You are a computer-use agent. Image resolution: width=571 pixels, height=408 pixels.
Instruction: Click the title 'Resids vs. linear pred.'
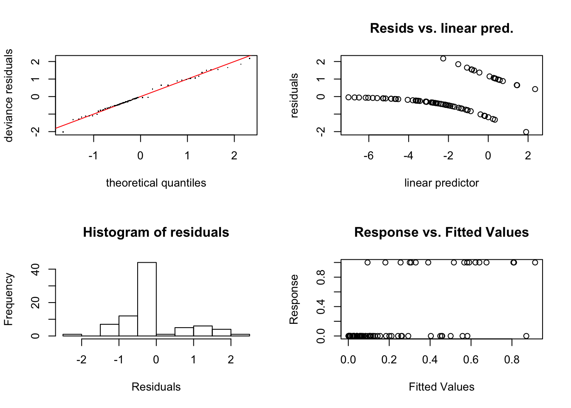(441, 28)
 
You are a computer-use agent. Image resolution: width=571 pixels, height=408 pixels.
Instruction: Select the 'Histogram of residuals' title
(156, 232)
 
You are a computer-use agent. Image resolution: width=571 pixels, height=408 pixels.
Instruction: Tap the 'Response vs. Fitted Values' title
(441, 232)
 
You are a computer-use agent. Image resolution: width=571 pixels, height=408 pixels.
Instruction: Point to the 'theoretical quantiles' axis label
(156, 183)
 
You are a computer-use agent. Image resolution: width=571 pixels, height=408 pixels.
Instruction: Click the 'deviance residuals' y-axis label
(9, 95)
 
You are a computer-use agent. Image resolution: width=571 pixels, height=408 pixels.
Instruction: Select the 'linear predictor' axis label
(441, 183)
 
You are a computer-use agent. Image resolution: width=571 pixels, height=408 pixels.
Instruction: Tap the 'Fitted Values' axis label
(441, 387)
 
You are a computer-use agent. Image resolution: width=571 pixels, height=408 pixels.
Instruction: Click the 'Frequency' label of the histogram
(9, 299)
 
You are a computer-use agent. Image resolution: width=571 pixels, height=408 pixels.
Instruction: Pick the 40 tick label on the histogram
(36, 269)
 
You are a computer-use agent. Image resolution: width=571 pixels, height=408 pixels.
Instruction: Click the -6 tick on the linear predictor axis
(368, 156)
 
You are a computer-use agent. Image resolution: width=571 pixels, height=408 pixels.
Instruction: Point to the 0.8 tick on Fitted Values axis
(512, 360)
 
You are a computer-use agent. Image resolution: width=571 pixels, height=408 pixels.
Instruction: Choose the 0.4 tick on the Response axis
(321, 306)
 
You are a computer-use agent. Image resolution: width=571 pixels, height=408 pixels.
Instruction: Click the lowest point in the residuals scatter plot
(526, 132)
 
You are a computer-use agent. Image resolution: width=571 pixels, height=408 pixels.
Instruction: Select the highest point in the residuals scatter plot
(443, 59)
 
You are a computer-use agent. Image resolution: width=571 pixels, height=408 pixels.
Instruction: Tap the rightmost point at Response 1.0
(535, 263)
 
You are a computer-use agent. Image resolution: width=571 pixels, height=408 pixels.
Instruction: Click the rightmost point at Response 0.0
(526, 336)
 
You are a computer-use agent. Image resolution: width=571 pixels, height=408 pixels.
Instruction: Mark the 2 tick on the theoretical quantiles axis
(234, 156)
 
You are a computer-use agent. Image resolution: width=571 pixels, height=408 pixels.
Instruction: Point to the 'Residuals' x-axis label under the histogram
(156, 387)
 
